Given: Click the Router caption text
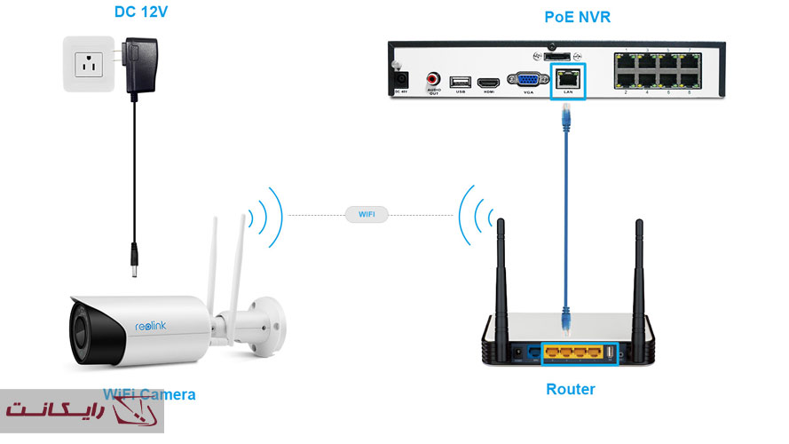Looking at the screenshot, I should (570, 390).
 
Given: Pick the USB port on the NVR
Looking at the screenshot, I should (460, 83).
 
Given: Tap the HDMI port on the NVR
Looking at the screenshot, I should (487, 83).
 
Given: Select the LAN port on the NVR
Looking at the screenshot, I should (567, 78).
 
